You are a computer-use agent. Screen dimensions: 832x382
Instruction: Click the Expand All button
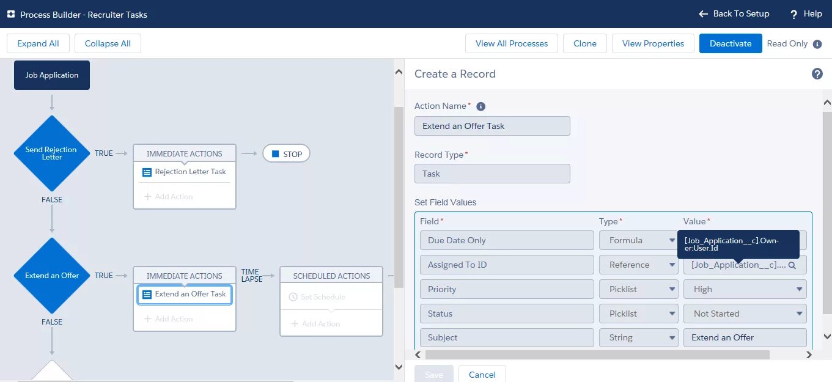(38, 44)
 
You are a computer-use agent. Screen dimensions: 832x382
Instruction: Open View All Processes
(512, 44)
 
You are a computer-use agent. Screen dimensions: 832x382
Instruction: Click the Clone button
(585, 44)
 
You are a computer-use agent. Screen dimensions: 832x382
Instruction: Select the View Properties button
(653, 44)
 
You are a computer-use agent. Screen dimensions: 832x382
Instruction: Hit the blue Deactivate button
(731, 44)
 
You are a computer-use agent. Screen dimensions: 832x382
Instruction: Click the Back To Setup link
(734, 14)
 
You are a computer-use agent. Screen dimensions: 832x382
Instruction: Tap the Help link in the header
(806, 14)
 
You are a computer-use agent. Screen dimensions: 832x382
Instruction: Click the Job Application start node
(52, 75)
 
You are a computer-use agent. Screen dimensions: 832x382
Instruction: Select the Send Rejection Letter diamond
(52, 153)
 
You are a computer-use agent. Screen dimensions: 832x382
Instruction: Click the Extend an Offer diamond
(52, 276)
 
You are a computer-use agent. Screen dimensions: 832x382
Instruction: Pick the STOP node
(286, 154)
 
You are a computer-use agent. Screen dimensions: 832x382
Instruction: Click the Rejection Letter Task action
(185, 172)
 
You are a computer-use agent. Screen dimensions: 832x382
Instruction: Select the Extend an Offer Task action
(185, 295)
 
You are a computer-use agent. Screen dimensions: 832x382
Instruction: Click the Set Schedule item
(323, 297)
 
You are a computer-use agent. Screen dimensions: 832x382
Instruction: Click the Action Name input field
(492, 126)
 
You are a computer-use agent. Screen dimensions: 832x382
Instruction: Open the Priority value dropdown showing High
(745, 289)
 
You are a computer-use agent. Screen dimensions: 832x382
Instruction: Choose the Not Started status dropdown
(745, 314)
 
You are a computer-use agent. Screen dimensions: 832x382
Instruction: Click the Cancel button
(482, 375)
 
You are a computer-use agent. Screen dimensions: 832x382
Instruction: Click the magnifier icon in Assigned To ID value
(792, 265)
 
